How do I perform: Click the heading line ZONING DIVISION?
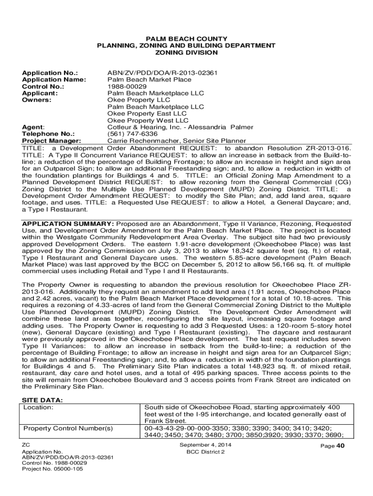186,52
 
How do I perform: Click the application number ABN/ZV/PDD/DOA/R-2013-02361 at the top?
162,73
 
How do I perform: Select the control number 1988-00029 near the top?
125,86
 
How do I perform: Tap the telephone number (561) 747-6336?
132,134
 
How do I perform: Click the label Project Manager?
51,140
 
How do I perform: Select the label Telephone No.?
48,134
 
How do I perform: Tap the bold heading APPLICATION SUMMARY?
68,224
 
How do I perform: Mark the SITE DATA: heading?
43,400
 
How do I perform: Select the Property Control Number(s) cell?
68,428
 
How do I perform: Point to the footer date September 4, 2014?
205,445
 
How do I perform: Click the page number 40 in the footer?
341,446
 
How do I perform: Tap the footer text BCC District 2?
205,451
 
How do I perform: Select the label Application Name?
54,79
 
